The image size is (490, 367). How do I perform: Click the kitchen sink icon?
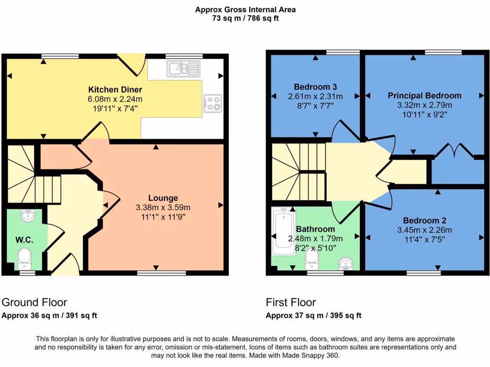pyautogui.click(x=183, y=69)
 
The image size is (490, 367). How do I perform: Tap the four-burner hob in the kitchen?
pyautogui.click(x=212, y=103)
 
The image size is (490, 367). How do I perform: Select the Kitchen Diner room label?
pyautogui.click(x=115, y=89)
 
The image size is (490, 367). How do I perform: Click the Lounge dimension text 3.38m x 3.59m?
pyautogui.click(x=163, y=207)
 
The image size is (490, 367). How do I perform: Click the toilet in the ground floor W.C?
pyautogui.click(x=24, y=258)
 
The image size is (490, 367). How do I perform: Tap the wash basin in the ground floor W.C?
pyautogui.click(x=26, y=216)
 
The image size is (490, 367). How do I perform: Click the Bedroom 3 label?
pyautogui.click(x=315, y=87)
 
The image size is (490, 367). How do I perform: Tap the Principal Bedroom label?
pyautogui.click(x=424, y=96)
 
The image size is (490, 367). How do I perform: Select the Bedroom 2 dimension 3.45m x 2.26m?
pyautogui.click(x=424, y=229)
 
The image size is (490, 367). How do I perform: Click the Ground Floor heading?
pyautogui.click(x=34, y=302)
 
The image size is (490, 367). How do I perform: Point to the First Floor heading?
pyautogui.click(x=291, y=302)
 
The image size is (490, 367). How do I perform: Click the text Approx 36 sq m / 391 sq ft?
pyautogui.click(x=50, y=315)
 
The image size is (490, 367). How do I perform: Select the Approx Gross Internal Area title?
pyautogui.click(x=245, y=10)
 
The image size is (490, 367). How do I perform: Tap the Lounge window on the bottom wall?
pyautogui.click(x=155, y=273)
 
